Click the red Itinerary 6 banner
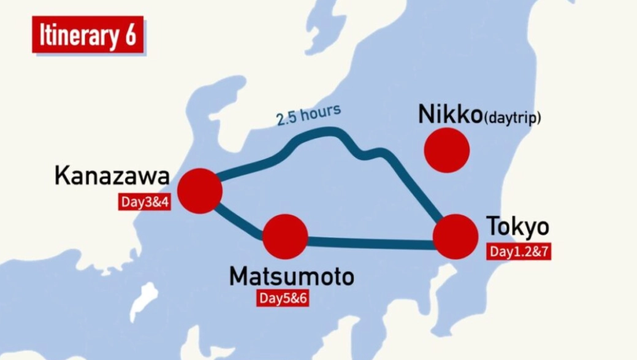pyautogui.click(x=88, y=35)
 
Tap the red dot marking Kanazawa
pyautogui.click(x=199, y=191)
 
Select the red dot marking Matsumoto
pyautogui.click(x=285, y=237)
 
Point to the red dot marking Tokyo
pyautogui.click(x=455, y=237)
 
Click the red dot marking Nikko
pyautogui.click(x=447, y=150)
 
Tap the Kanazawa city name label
pyautogui.click(x=112, y=176)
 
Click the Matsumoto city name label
pyautogui.click(x=291, y=277)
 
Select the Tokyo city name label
pyautogui.click(x=517, y=227)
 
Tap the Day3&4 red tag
pyautogui.click(x=144, y=202)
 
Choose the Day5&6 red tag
pyautogui.click(x=282, y=299)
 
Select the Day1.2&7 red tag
pyautogui.click(x=519, y=251)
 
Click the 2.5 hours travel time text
pyautogui.click(x=308, y=115)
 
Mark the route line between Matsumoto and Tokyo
pyautogui.click(x=368, y=243)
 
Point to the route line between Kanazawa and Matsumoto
pyautogui.click(x=239, y=221)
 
